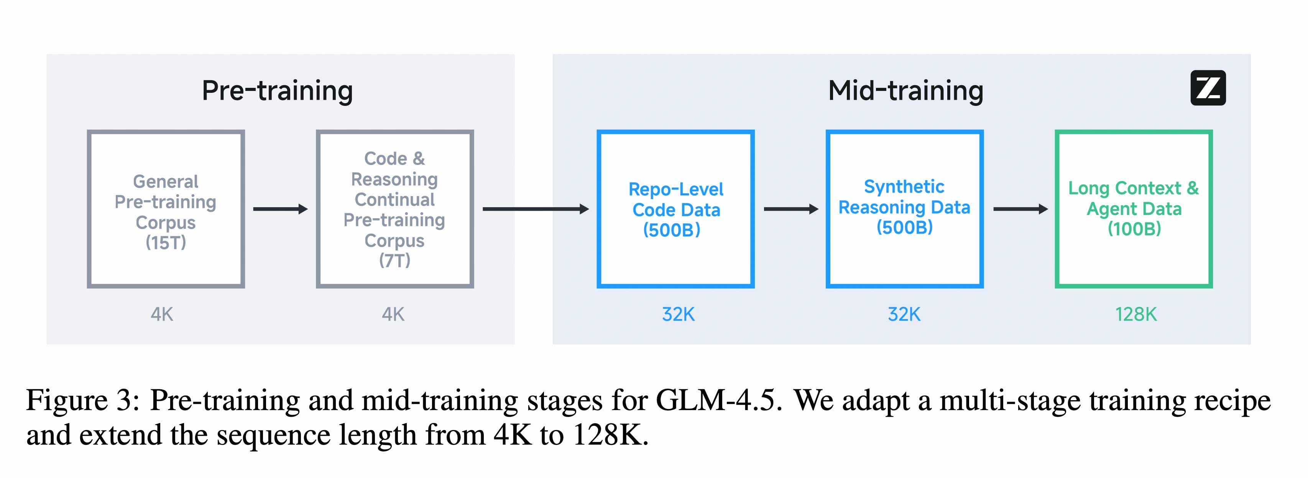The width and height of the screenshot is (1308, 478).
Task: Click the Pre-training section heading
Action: [x=277, y=91]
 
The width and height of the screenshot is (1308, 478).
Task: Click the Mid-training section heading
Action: [x=905, y=91]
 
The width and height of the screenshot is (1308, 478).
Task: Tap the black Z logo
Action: [x=1208, y=88]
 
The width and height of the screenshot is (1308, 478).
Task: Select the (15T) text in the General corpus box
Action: [x=166, y=243]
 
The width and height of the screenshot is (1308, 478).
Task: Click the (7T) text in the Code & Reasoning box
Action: [x=394, y=260]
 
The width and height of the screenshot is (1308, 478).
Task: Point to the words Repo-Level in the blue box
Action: [x=675, y=190]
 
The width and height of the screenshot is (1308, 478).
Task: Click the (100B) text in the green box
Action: [x=1134, y=229]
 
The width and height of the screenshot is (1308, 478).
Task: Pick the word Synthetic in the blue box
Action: [x=904, y=187]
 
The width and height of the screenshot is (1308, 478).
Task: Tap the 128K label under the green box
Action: [x=1135, y=315]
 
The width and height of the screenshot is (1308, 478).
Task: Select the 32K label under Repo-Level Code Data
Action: [x=678, y=315]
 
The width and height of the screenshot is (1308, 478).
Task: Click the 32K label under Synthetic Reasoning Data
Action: [x=904, y=315]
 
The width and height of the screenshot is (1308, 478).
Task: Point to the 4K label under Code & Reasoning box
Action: [x=393, y=315]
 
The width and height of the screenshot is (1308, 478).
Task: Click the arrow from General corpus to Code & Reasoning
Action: [x=280, y=209]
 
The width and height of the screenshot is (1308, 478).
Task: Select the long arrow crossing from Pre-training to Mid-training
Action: [x=535, y=209]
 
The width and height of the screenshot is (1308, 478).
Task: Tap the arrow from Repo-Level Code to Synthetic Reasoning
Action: [x=790, y=209]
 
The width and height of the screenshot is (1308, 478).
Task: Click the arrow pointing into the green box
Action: [x=1020, y=209]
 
